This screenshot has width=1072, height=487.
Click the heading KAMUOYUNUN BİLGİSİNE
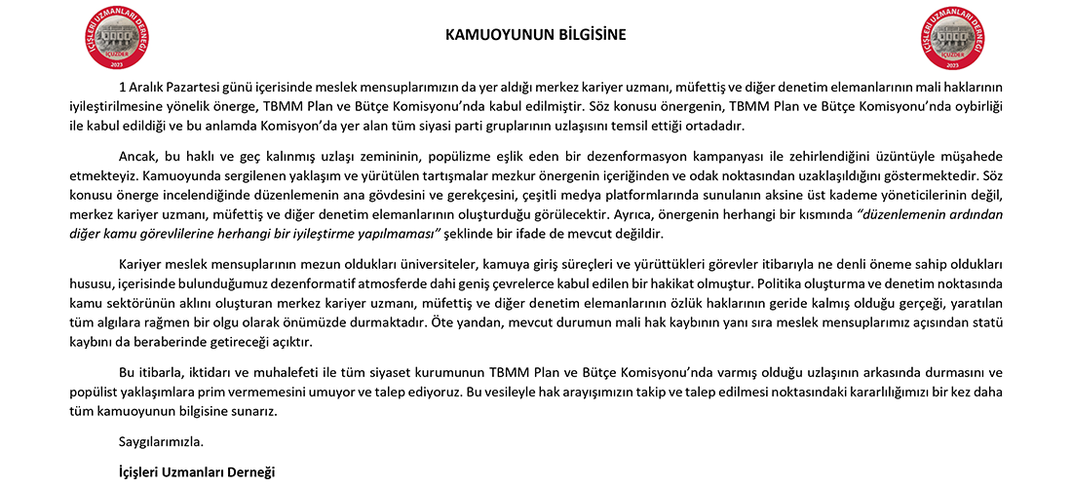coord(535,35)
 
